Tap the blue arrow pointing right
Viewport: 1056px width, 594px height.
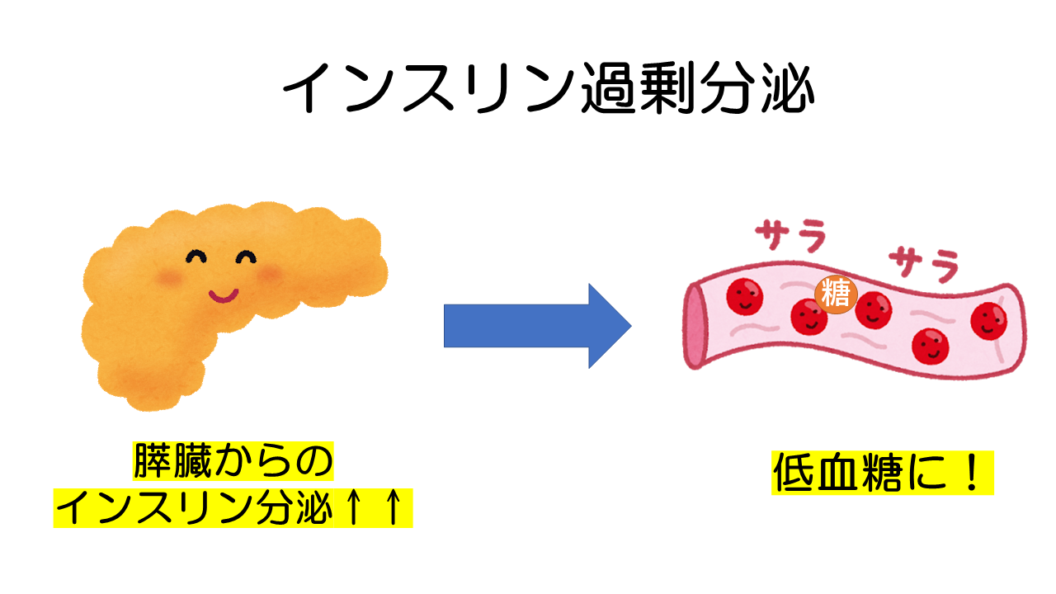click(537, 325)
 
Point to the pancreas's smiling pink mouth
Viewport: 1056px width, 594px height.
click(223, 294)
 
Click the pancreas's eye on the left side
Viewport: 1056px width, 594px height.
click(196, 257)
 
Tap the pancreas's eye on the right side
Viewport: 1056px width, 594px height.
click(247, 259)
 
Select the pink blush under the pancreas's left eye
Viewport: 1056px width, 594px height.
click(172, 278)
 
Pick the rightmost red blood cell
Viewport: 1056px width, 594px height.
click(989, 319)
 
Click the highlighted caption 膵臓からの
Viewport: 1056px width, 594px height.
click(233, 462)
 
